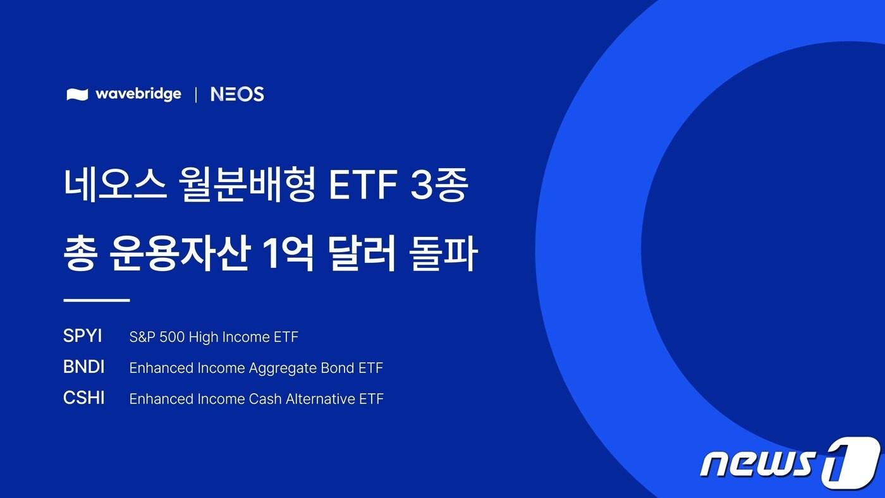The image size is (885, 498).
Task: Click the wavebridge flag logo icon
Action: [x=77, y=95]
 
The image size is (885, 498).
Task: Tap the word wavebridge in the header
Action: [x=138, y=94]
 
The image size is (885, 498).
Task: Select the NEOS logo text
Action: [x=237, y=94]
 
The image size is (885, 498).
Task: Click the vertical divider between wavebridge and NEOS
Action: [x=195, y=95]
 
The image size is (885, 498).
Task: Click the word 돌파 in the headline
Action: [x=443, y=254]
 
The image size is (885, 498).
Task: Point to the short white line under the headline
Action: [x=97, y=300]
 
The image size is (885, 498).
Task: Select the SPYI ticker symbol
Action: [x=82, y=336]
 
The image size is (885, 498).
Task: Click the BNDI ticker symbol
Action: [x=84, y=367]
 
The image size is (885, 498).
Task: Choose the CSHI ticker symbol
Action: [x=84, y=398]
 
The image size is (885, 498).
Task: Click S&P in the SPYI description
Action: [x=140, y=337]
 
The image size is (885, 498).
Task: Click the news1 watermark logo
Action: [x=790, y=463]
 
